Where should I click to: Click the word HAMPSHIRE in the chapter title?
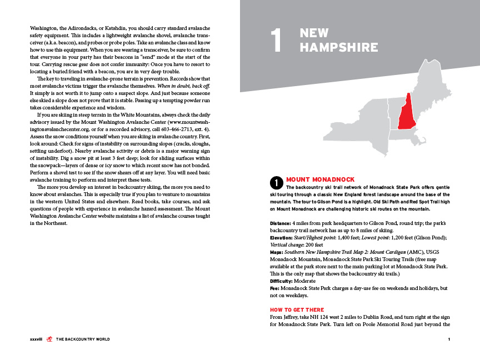pyautogui.click(x=331, y=48)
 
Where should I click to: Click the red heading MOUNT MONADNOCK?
pyautogui.click(x=320, y=179)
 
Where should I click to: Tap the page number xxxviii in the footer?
pyautogui.click(x=37, y=339)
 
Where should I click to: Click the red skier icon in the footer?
pyautogui.click(x=49, y=339)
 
